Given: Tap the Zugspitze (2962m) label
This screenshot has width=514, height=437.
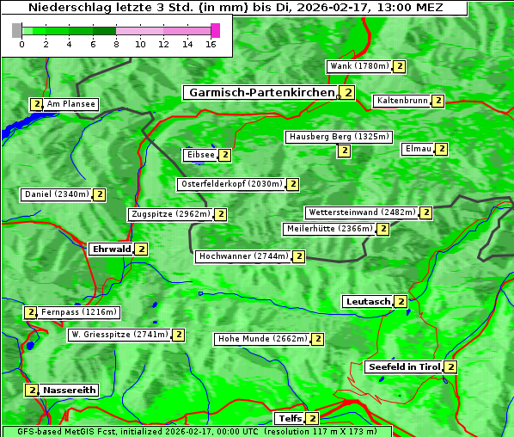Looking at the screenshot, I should (x=170, y=214).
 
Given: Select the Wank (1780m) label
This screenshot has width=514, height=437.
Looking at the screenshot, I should (x=359, y=66).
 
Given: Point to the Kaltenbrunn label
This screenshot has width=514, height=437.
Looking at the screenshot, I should (x=402, y=101).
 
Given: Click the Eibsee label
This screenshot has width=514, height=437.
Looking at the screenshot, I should (x=199, y=155).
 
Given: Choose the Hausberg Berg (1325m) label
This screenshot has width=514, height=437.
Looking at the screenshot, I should (x=339, y=137).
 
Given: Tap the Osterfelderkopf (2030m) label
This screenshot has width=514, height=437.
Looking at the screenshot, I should (x=231, y=184).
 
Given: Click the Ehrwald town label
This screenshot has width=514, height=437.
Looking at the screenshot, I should (x=111, y=249).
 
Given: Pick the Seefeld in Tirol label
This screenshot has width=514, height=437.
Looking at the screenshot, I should (x=403, y=366).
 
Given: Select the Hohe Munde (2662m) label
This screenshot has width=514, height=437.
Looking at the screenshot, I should (x=262, y=339).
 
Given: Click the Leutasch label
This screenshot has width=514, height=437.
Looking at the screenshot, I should (x=367, y=301).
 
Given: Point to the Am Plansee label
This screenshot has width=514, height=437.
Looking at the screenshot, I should (x=70, y=104).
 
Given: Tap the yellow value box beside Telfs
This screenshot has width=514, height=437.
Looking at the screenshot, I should (x=312, y=419).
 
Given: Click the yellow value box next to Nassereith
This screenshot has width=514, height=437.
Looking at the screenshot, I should (x=32, y=390).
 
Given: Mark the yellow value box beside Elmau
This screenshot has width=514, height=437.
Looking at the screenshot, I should (x=442, y=149).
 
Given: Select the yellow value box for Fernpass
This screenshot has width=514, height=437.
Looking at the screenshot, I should (x=30, y=312).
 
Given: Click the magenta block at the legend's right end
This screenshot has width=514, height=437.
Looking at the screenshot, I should (x=215, y=30).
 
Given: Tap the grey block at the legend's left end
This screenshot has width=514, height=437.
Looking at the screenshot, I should (x=17, y=30).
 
